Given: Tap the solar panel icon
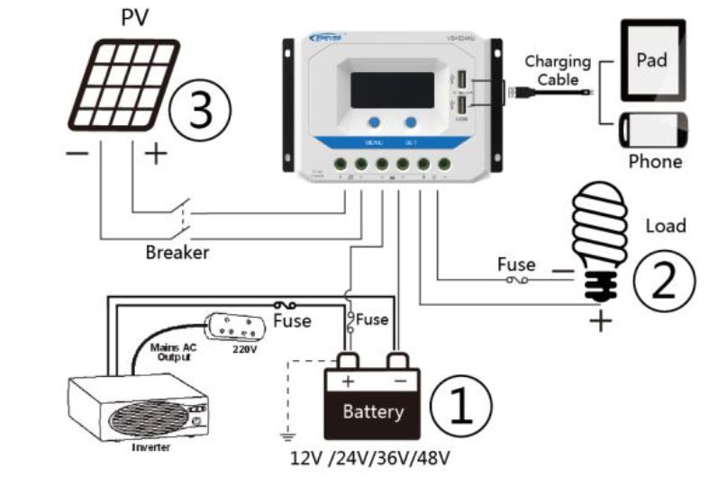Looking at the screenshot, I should [x=125, y=86].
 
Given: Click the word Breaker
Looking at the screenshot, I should [x=177, y=253].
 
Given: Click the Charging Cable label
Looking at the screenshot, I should [x=558, y=70].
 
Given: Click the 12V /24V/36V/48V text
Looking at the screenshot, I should [x=370, y=458].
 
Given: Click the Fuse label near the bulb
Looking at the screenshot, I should [x=516, y=265].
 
